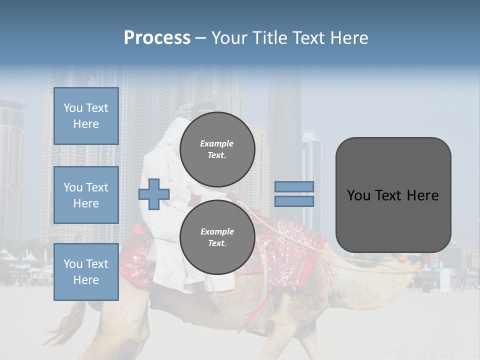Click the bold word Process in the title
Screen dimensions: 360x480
(x=157, y=38)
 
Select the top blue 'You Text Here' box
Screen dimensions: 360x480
(x=86, y=116)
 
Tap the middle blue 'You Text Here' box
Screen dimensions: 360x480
(x=86, y=195)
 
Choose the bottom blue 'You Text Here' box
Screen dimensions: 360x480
(x=86, y=272)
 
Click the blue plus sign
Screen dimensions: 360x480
(x=153, y=194)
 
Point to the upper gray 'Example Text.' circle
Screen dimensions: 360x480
(x=217, y=149)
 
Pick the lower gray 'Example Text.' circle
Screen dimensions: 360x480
(x=217, y=237)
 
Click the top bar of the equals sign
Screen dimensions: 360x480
(x=294, y=186)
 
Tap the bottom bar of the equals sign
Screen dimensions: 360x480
(x=294, y=201)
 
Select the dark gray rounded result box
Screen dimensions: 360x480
(x=393, y=195)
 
